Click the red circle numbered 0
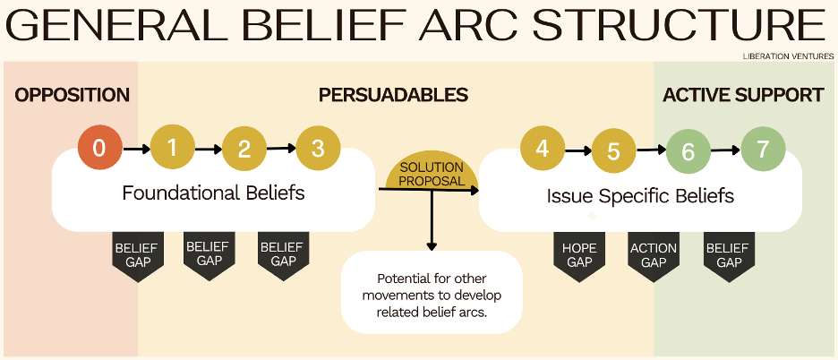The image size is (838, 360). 100,148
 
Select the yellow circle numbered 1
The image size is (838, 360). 173,148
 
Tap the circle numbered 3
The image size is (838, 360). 318,148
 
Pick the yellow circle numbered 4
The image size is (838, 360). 543,148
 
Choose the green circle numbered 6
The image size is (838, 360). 688,151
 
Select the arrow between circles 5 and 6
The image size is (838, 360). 651,150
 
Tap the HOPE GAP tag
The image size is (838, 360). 579,256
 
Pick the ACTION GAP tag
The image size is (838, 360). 653,256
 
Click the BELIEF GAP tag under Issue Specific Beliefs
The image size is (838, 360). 729,256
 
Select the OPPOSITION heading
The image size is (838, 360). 73,95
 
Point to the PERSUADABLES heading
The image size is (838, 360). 393,95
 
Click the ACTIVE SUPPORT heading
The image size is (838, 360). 743,95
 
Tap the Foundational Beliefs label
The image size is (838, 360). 213,193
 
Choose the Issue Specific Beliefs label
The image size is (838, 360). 640,196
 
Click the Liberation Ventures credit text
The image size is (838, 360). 788,56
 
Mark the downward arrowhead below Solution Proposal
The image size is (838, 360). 432,246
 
